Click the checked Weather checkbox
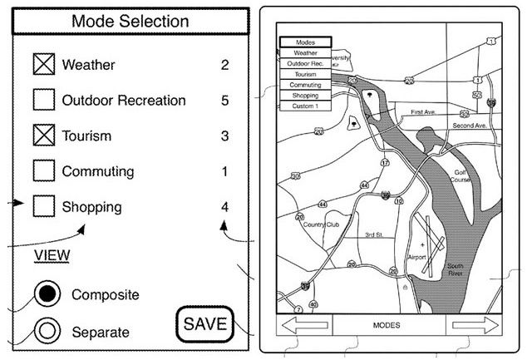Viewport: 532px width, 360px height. click(x=43, y=65)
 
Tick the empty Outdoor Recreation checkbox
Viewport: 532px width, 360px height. click(x=43, y=101)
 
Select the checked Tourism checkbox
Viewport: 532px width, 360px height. click(x=43, y=136)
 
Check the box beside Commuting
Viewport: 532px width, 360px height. click(x=43, y=171)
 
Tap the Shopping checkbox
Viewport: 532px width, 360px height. click(x=43, y=207)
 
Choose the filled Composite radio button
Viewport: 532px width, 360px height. click(x=49, y=294)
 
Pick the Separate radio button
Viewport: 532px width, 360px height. click(x=49, y=332)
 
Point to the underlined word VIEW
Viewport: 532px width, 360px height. click(x=52, y=254)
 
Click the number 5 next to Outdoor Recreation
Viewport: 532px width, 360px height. click(x=224, y=101)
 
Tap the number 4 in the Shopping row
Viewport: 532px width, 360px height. click(x=224, y=207)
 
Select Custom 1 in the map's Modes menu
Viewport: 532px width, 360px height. click(x=305, y=106)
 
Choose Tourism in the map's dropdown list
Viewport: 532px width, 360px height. click(x=305, y=74)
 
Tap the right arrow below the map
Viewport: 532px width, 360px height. click(x=470, y=326)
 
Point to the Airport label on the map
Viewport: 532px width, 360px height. click(x=416, y=258)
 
